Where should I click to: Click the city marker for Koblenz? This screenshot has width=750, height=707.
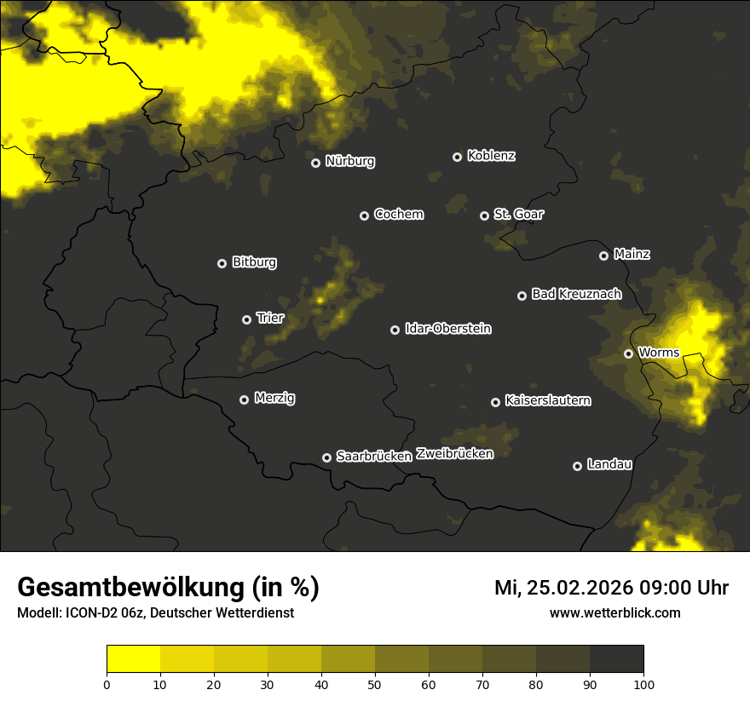click(457, 157)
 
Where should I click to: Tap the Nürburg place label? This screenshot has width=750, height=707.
click(350, 162)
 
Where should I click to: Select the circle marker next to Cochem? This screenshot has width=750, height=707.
click(364, 216)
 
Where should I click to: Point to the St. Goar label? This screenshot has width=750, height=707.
click(518, 215)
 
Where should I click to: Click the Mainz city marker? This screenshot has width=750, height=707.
click(603, 256)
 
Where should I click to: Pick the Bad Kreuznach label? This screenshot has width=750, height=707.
click(576, 295)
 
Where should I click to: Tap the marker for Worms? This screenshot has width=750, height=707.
click(628, 353)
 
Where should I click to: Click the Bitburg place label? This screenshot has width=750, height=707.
click(254, 262)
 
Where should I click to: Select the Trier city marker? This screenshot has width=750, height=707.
click(246, 319)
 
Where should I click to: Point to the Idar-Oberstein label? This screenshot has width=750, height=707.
click(447, 329)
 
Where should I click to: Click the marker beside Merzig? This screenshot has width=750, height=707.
click(244, 399)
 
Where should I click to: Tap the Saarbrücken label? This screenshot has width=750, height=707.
click(374, 457)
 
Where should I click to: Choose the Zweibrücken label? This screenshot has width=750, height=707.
click(454, 454)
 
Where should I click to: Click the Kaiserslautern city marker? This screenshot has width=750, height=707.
click(495, 402)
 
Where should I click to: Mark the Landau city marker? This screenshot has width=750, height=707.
click(577, 466)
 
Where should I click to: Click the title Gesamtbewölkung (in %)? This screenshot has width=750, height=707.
click(168, 588)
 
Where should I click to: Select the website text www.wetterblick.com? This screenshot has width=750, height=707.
click(614, 613)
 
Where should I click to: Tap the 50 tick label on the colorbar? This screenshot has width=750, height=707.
click(375, 683)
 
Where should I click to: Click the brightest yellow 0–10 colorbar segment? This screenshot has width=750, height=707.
click(133, 659)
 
